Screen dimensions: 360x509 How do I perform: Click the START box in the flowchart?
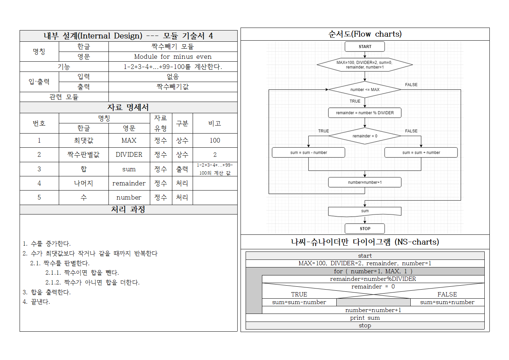365,46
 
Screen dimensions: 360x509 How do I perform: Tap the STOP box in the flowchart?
365,229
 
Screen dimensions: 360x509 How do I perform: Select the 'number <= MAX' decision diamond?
365,90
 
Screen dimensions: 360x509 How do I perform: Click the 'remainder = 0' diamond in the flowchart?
365,136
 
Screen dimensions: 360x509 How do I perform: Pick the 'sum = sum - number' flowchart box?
308,152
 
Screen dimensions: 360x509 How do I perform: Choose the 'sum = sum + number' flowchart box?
421,152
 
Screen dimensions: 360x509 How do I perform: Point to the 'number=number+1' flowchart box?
365,182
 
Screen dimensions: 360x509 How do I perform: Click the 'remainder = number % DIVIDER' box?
365,113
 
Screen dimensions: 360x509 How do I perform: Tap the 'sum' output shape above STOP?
365,211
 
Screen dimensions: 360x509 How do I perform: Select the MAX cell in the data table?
129,140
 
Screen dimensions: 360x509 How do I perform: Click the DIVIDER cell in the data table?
129,155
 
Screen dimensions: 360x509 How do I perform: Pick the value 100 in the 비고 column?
215,140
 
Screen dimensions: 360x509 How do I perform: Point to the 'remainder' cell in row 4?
129,183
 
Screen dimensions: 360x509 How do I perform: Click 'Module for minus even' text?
173,57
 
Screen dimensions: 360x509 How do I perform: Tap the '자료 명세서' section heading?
128,107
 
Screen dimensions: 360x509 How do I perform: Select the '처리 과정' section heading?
128,209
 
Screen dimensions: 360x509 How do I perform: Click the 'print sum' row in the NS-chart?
365,318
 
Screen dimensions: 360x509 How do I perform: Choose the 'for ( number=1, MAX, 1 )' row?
373,271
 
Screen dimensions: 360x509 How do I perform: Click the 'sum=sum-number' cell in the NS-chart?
299,302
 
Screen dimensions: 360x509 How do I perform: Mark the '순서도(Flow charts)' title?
365,34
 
